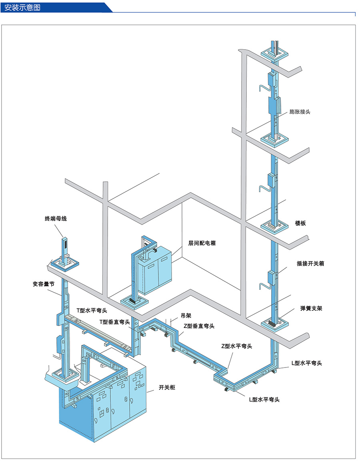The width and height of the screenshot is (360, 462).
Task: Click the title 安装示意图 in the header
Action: click(x=22, y=8)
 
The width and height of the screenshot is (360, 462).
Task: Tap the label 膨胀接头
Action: click(x=300, y=112)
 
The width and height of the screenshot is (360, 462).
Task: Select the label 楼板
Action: click(x=300, y=223)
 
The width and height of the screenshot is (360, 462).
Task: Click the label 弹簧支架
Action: click(x=311, y=308)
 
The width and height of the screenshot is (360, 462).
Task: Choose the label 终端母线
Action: click(x=56, y=219)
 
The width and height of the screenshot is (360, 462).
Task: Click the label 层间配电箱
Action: click(x=202, y=243)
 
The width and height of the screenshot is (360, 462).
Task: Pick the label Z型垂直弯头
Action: click(x=199, y=326)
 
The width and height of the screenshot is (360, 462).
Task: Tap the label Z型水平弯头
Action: click(x=236, y=346)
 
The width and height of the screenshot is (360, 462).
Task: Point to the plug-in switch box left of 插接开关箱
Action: click(x=271, y=277)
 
